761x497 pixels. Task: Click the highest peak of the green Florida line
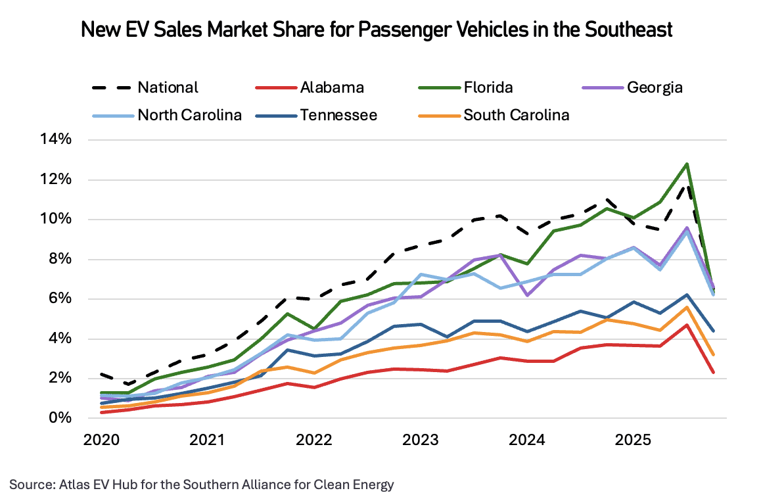pyautogui.click(x=687, y=164)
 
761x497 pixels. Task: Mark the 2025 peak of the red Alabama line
pyautogui.click(x=687, y=325)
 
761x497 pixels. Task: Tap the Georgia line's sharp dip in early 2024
pyautogui.click(x=526, y=295)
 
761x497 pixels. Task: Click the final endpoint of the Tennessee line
pyautogui.click(x=713, y=331)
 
